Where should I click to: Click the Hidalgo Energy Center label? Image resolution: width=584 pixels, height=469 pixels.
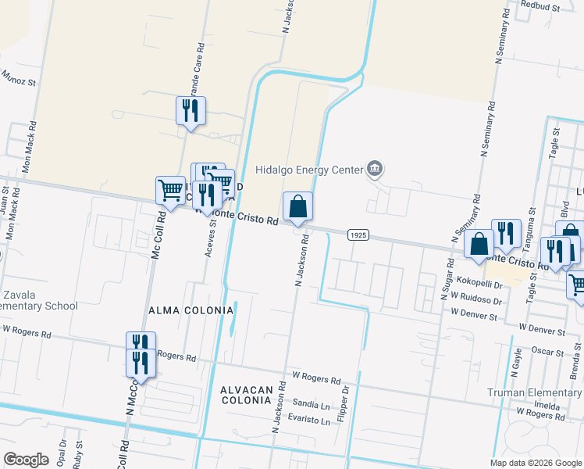310,170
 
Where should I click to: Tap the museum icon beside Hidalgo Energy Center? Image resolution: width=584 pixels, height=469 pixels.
375,169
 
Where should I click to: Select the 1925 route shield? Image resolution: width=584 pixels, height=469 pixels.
358,234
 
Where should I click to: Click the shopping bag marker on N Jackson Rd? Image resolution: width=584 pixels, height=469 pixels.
297,207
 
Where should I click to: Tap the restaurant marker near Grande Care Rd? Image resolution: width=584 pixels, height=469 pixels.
191,111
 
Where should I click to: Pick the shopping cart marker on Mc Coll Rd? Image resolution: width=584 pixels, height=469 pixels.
170,190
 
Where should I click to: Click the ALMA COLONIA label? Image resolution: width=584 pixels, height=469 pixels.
191,310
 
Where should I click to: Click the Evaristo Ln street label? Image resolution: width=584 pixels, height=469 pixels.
309,421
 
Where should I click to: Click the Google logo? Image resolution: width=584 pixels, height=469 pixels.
26,459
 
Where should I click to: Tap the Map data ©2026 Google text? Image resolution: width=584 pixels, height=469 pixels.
534,463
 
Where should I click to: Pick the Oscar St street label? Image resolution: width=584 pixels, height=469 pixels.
547,351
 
